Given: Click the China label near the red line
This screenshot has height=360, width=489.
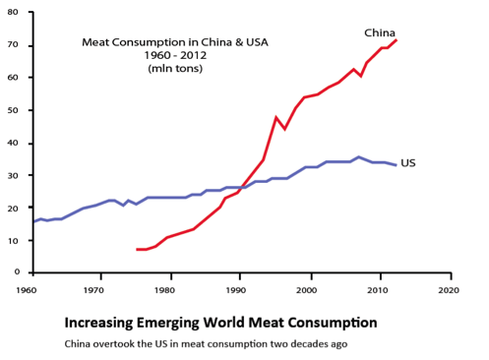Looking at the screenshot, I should [380, 32].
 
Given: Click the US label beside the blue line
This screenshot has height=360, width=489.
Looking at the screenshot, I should [408, 161].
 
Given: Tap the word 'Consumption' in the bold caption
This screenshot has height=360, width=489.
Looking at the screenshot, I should [331, 323].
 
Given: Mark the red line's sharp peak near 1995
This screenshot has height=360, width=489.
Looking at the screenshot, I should [276, 117].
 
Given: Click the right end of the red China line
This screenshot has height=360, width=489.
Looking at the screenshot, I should [397, 40].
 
